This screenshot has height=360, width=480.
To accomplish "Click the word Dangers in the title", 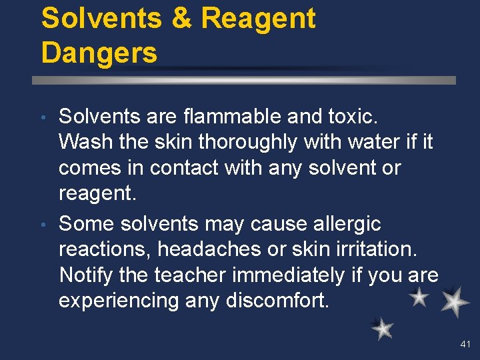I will pos(99,52).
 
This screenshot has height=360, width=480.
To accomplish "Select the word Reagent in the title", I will pos(259,19).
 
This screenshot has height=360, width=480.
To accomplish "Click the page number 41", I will pos(465,344).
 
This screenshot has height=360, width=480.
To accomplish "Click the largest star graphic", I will pos(455,302).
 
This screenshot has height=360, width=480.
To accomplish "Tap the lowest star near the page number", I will pos(382,327).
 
